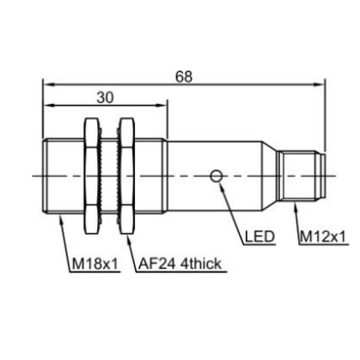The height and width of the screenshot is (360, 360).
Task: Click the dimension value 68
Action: (184, 76)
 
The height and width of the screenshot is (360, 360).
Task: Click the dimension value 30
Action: (105, 98)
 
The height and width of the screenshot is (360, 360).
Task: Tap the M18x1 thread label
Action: (95, 264)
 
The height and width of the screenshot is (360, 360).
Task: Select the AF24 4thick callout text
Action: (180, 264)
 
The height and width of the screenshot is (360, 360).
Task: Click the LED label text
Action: (260, 236)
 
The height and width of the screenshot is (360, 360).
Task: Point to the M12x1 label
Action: (323, 237)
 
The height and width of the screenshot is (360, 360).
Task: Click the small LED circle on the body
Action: (216, 176)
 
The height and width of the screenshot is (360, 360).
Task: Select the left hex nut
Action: (93, 176)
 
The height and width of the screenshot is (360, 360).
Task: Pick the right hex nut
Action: (126, 176)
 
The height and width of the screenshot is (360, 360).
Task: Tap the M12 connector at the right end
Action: (302, 176)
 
